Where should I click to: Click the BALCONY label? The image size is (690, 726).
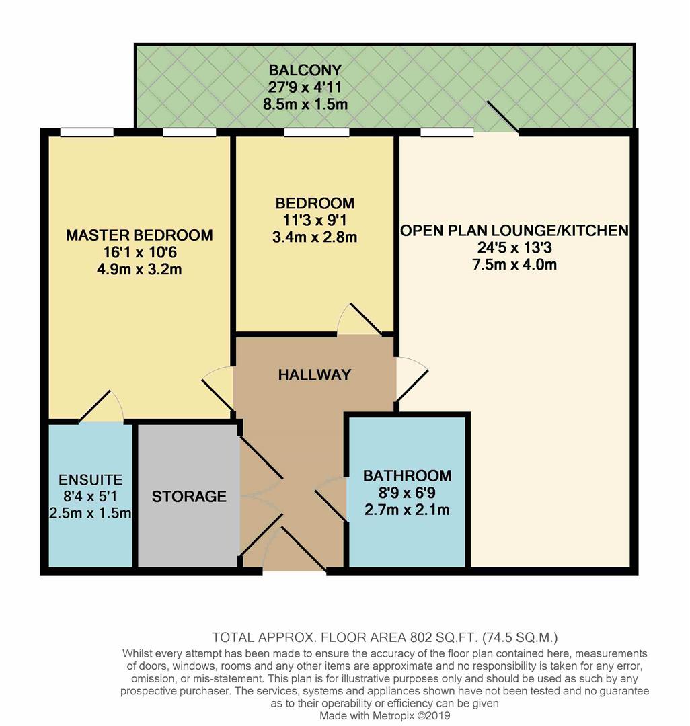click(305, 70)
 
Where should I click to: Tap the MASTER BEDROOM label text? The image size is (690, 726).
click(139, 235)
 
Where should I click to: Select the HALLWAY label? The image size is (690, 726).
click(315, 374)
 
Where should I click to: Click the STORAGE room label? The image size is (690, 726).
click(189, 496)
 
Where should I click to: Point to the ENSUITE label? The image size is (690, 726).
click(90, 479)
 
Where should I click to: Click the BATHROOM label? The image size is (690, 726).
click(407, 475)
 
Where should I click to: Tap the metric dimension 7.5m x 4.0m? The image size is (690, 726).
click(514, 265)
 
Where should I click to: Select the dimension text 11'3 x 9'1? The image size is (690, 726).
click(315, 220)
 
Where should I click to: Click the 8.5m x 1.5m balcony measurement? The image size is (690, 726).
click(305, 104)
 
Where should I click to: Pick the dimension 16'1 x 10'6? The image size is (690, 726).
click(139, 252)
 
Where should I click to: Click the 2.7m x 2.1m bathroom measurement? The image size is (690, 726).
click(407, 510)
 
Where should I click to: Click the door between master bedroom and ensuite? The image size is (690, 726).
click(102, 407)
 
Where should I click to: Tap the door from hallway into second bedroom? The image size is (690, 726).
click(360, 319)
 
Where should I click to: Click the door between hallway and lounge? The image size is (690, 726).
click(412, 379)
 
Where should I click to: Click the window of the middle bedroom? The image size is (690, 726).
click(317, 133)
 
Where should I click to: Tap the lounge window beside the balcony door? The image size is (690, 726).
click(447, 132)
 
